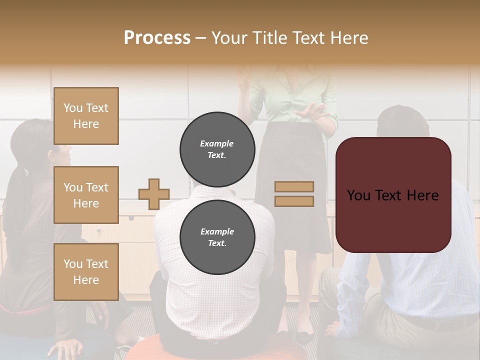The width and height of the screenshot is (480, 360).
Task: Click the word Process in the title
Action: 157,38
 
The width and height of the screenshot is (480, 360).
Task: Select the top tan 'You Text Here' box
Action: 86,116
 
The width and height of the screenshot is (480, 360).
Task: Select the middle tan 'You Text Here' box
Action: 86,195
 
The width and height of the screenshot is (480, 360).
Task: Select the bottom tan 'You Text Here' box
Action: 86,271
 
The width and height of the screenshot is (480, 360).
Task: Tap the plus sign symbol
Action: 153,194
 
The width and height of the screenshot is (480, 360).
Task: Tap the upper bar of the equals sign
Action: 294,186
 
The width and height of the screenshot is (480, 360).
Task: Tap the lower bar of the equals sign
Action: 294,201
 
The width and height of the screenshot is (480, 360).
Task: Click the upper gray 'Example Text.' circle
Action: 217,149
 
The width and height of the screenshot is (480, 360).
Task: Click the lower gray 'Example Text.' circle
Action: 217,237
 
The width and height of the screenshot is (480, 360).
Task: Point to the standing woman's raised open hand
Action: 312,110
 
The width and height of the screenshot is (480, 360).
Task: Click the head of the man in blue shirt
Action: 402,122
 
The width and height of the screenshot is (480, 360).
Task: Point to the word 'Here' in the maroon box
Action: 422,195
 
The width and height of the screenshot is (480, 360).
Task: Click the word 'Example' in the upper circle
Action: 216,143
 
